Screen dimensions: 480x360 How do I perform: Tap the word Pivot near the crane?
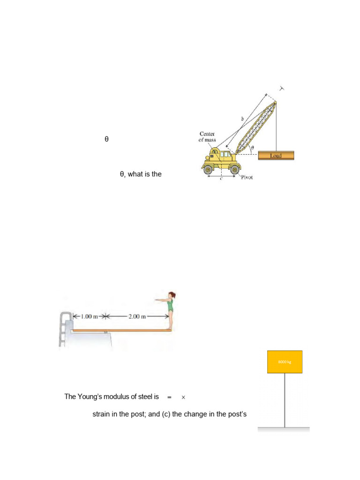click(247, 178)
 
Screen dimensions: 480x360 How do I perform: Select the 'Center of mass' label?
click(207, 137)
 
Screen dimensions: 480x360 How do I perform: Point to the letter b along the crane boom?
click(242, 119)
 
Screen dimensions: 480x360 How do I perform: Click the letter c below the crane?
click(221, 179)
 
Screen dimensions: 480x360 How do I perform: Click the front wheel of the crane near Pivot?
click(233, 169)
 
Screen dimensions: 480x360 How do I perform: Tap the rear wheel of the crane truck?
click(208, 169)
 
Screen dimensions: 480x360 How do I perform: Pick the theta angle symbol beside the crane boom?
click(252, 148)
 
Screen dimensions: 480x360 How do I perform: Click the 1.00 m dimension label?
click(89, 316)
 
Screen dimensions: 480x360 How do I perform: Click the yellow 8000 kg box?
click(285, 361)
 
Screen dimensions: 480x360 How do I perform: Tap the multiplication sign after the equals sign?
click(183, 397)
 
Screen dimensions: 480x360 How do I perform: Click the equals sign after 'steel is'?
click(169, 397)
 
